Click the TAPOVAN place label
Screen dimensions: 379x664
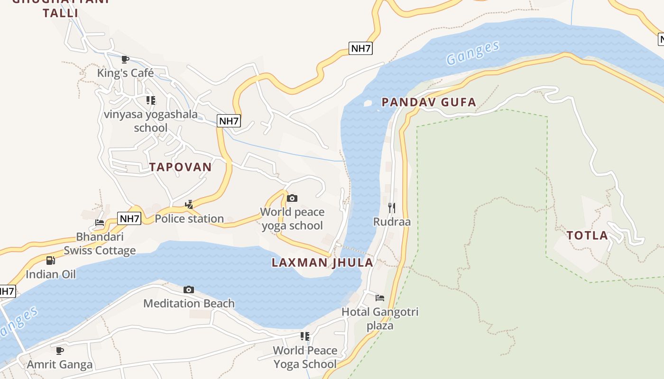click(x=180, y=167)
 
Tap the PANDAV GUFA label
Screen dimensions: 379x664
click(x=429, y=102)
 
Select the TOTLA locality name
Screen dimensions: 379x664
click(x=587, y=235)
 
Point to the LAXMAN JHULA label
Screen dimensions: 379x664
click(x=323, y=263)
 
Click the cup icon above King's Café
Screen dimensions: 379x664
click(x=125, y=59)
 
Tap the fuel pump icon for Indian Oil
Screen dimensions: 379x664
click(x=51, y=260)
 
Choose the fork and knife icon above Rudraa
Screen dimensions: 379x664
click(x=392, y=208)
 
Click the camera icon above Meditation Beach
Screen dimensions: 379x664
click(x=189, y=289)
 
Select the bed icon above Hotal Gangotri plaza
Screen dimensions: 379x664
click(x=380, y=298)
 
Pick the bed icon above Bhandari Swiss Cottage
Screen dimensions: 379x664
click(x=100, y=222)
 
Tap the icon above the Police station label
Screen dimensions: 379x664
click(x=189, y=205)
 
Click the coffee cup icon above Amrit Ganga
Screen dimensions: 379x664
click(x=60, y=351)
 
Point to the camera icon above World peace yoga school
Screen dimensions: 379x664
click(x=292, y=198)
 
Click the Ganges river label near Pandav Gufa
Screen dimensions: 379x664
click(x=473, y=53)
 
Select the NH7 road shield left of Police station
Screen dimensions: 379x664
click(x=129, y=218)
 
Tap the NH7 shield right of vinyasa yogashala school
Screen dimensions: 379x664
click(x=229, y=121)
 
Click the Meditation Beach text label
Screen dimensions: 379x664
click(x=189, y=303)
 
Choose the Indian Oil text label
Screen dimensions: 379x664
click(x=51, y=274)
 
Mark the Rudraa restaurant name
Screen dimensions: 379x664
click(x=392, y=222)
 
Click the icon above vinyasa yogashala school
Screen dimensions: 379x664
click(x=151, y=100)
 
